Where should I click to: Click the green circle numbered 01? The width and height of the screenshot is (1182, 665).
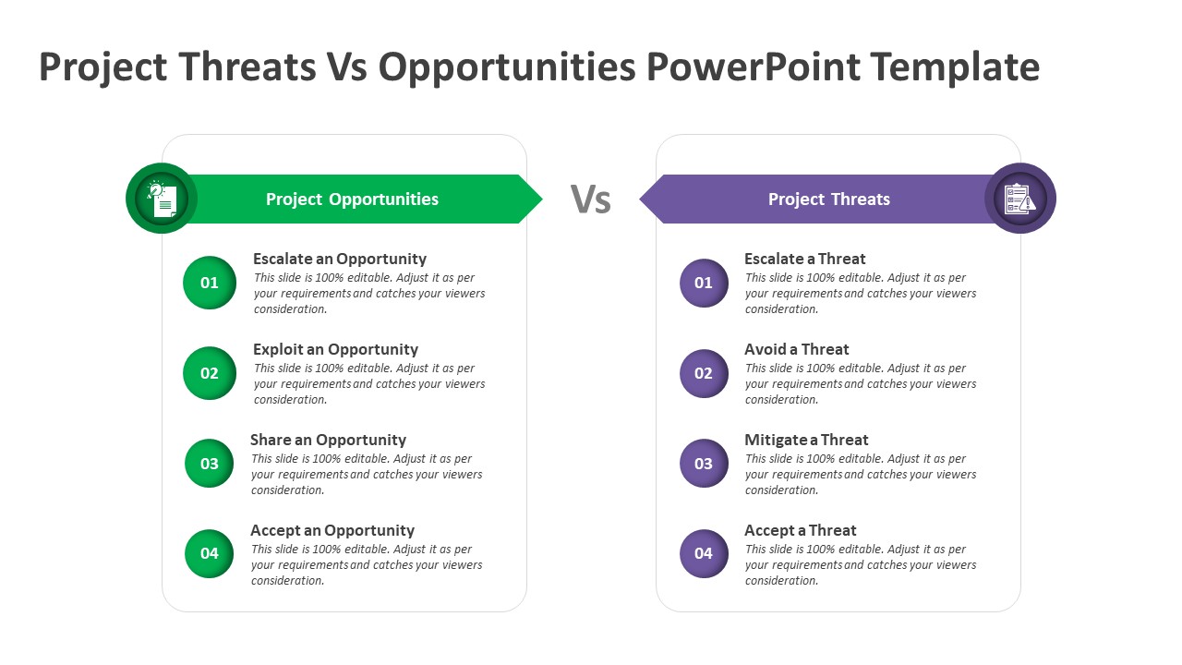coord(210,283)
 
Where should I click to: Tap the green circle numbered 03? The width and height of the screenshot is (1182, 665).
coord(209,463)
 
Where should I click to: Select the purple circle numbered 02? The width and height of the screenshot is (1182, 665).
coord(704,373)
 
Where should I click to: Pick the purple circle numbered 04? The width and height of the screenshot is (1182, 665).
coord(704,553)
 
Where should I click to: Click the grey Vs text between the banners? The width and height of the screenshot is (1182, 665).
coord(590,199)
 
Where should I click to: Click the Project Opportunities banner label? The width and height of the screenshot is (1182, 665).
coord(352,199)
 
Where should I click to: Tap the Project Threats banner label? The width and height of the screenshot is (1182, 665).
coord(829,199)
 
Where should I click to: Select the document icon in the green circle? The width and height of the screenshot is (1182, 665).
coord(162,199)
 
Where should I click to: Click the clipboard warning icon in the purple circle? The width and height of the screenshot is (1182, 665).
coord(1020,199)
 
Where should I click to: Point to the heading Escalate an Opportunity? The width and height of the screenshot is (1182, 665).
coord(340,259)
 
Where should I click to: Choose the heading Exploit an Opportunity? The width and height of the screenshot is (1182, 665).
coord(335,349)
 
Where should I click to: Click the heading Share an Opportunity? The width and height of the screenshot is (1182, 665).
coord(328,440)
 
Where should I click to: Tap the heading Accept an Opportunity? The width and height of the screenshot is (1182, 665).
coord(332,530)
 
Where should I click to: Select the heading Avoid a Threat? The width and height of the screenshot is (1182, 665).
coord(797,349)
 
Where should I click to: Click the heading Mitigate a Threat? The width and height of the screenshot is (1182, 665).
coord(806,440)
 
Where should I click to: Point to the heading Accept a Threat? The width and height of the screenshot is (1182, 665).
coord(801,530)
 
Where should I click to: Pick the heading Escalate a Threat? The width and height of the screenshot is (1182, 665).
coord(805,259)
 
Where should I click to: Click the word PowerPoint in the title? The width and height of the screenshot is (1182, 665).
coord(754,67)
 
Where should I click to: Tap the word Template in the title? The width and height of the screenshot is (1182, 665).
coord(956,67)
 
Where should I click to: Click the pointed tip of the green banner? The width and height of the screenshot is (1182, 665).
coord(542,199)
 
